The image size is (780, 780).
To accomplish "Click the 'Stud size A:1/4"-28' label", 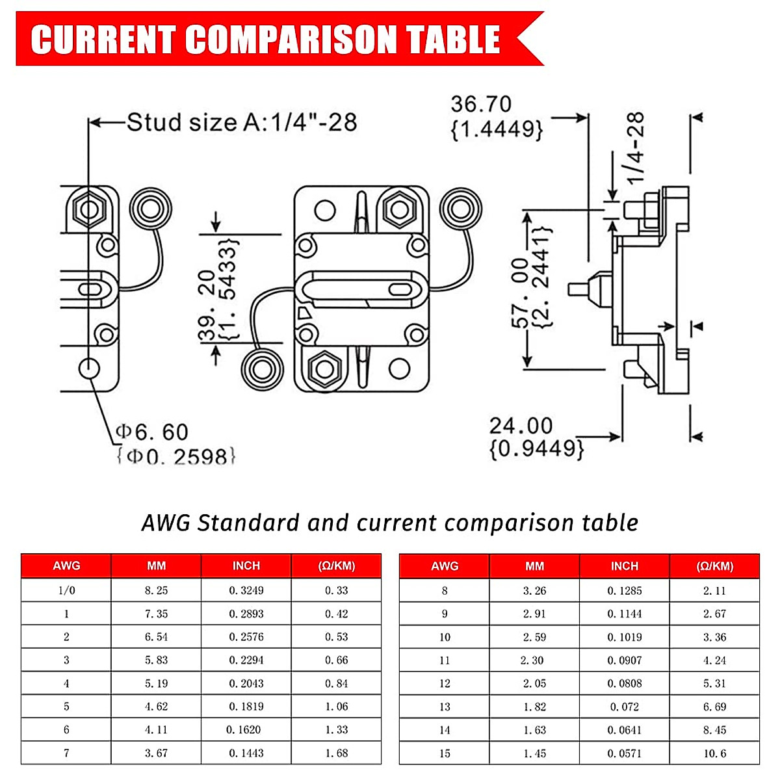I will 241,122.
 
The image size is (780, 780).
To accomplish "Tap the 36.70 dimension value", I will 481,104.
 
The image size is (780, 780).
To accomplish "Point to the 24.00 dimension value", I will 521,426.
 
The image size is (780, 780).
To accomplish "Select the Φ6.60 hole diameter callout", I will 152,432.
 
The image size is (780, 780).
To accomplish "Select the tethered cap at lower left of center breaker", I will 262,369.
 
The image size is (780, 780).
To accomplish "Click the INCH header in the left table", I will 246,566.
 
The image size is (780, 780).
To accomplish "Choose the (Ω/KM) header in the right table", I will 714,566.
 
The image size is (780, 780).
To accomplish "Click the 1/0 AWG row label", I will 66,590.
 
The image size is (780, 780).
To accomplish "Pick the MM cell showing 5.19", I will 156,683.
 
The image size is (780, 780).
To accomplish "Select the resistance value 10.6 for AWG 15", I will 714,753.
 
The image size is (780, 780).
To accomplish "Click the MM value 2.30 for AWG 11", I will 534,660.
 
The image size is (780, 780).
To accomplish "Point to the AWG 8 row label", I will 445,591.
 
